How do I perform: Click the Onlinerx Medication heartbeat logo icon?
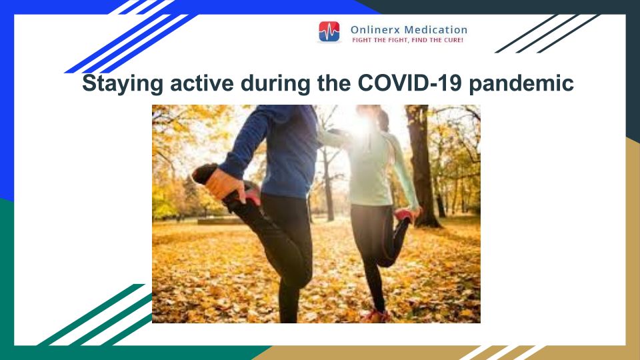click(x=329, y=32)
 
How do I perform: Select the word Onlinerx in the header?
click(x=375, y=30)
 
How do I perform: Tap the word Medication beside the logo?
click(x=435, y=30)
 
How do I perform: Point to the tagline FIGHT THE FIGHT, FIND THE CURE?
click(x=407, y=40)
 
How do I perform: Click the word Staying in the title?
click(x=123, y=84)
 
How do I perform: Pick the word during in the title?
click(x=275, y=84)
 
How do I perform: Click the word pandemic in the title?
click(x=521, y=84)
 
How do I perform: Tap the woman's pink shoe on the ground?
click(x=375, y=315)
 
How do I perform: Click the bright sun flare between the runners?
click(x=359, y=125)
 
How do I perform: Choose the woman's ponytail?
click(x=383, y=119)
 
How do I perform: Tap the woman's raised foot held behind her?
click(x=406, y=215)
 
